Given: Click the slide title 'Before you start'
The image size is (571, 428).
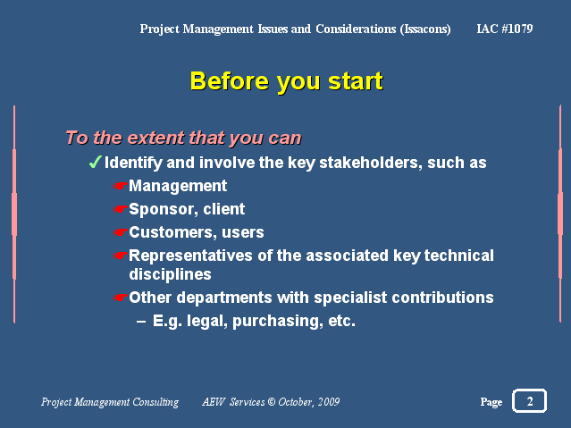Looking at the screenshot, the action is point(286,81).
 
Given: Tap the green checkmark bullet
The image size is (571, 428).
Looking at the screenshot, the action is point(95,162).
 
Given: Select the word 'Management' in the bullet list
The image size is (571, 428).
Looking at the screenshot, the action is point(178,186).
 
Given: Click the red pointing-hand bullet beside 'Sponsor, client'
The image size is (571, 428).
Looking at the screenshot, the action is point(120,209).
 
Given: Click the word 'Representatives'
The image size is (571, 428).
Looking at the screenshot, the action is point(190,256).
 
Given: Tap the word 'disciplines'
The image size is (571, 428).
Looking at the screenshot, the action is point(170,274).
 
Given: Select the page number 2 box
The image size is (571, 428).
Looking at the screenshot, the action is point(530,401).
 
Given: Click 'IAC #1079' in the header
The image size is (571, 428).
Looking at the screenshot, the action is point(505,29).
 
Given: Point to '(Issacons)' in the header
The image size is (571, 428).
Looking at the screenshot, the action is point(425,29).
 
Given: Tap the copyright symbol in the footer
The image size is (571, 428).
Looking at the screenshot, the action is point(272,402).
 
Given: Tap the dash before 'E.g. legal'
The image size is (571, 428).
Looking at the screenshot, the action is point(141,322).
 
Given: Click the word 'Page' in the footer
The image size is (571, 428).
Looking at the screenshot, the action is point(491,402).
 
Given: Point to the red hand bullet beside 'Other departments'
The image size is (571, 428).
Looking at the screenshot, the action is point(120,298).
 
